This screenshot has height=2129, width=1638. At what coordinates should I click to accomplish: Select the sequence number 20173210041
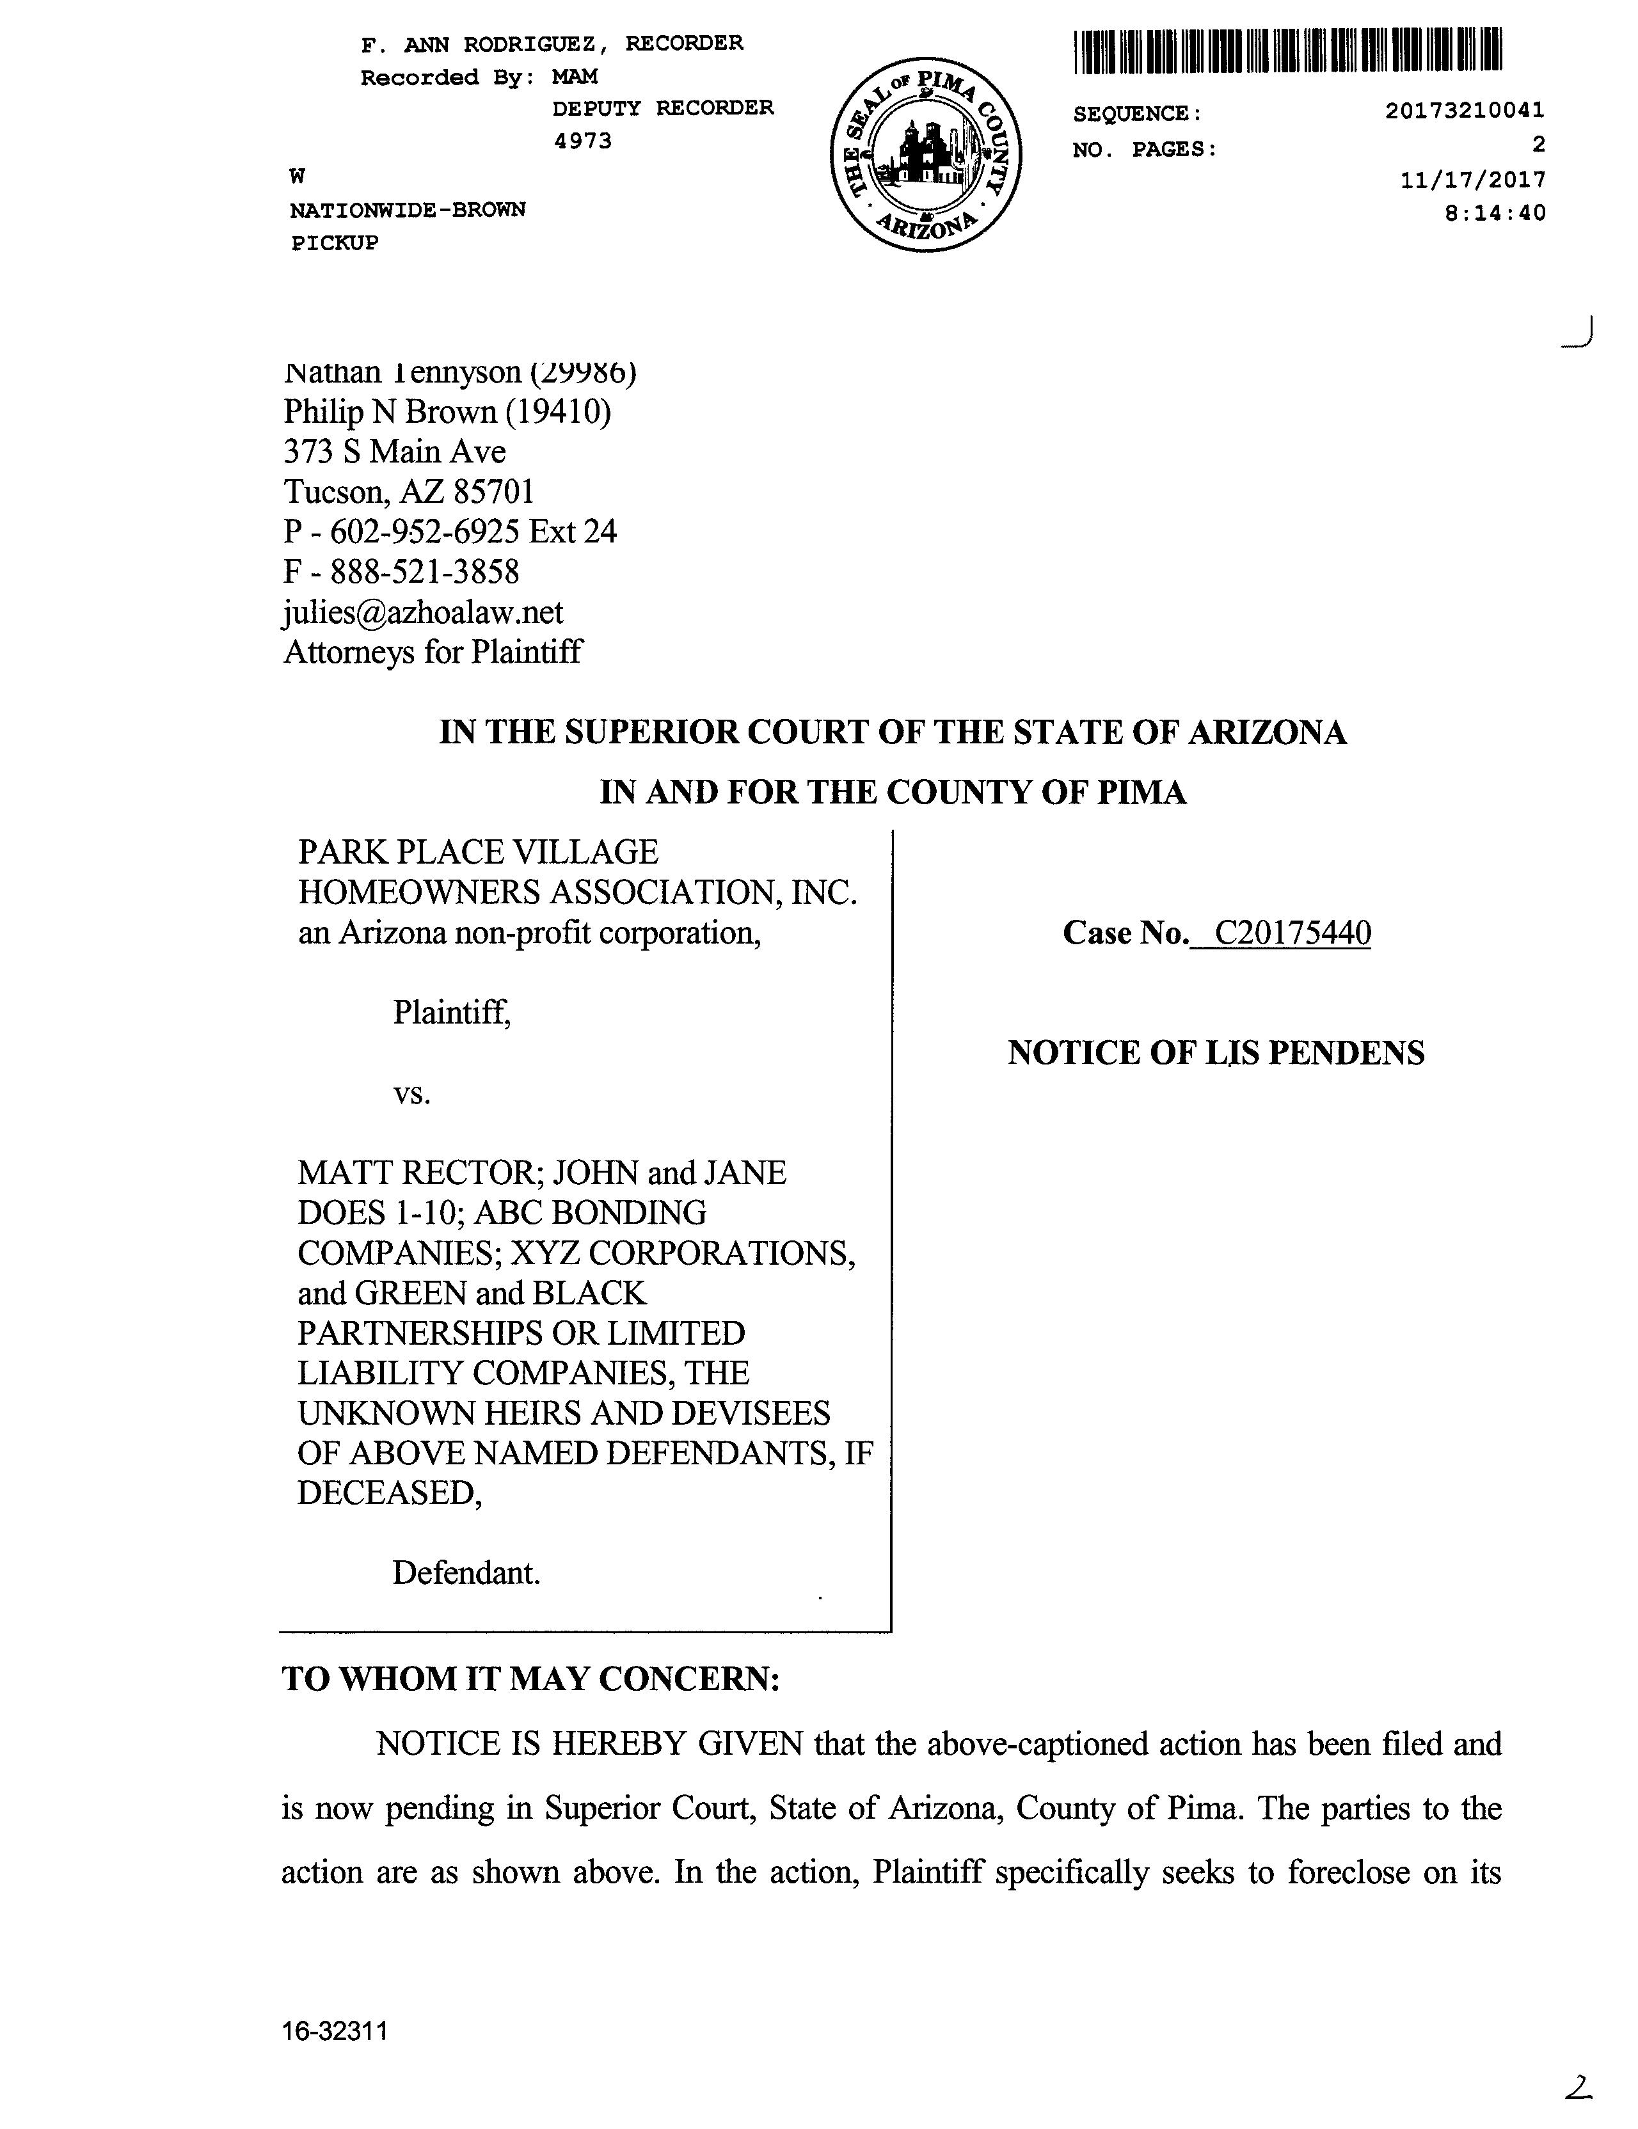tap(1465, 111)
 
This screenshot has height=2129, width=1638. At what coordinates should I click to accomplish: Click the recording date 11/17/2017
tap(1472, 179)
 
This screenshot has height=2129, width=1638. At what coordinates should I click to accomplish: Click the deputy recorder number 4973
tap(582, 141)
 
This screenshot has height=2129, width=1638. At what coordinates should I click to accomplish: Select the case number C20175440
tap(1293, 933)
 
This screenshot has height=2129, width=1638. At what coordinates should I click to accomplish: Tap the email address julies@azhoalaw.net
tap(423, 612)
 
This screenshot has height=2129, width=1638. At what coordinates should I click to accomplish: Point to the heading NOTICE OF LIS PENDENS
tap(1216, 1053)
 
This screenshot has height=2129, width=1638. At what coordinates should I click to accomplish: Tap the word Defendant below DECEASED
tap(465, 1572)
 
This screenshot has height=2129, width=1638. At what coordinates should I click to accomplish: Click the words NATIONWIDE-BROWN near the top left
tap(408, 210)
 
